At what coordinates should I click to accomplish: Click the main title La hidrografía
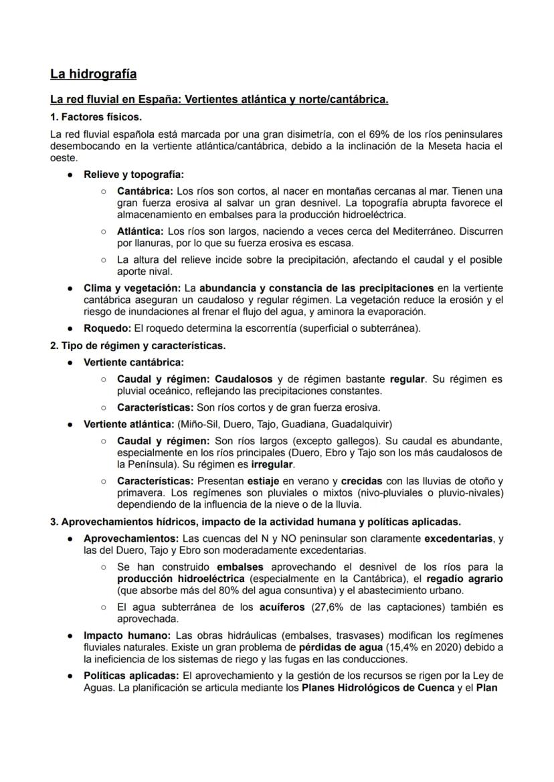pyautogui.click(x=93, y=73)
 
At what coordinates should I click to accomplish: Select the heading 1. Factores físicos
pyautogui.click(x=96, y=116)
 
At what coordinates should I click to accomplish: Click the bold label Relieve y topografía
pyautogui.click(x=133, y=175)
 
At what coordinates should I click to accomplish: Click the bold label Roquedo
pyautogui.click(x=107, y=328)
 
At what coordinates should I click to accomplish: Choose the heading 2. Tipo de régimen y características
pyautogui.click(x=138, y=346)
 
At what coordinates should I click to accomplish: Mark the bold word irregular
pyautogui.click(x=269, y=464)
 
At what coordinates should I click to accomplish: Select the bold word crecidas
pyautogui.click(x=363, y=480)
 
